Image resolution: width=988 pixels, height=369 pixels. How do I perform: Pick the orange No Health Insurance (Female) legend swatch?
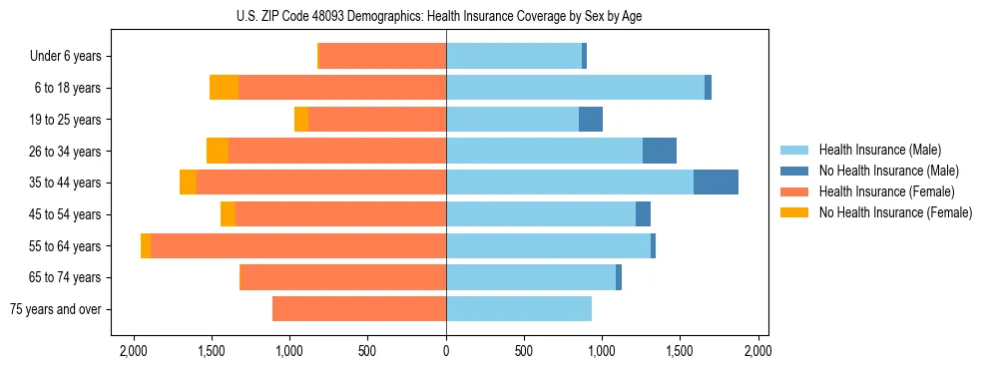pos(795,212)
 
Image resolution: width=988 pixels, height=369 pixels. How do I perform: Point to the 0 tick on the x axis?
pos(446,352)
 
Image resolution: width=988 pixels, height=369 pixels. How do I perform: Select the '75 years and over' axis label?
pos(55,309)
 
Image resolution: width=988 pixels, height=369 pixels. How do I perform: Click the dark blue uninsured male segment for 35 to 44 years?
pos(716,183)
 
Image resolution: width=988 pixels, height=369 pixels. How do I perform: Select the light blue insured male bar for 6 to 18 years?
pos(575,88)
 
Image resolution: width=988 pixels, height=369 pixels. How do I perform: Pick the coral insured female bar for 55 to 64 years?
pos(298,246)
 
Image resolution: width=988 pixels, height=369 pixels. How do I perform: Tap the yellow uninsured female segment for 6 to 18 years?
pos(224,88)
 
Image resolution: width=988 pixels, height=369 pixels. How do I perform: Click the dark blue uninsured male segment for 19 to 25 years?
pos(591,120)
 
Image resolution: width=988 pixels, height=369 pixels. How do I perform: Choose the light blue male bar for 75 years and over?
pos(519,309)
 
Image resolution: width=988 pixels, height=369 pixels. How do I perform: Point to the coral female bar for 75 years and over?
pos(359,309)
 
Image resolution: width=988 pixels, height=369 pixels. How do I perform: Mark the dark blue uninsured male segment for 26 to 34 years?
pos(660,152)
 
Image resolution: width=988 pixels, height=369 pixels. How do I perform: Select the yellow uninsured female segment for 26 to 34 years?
pos(218,152)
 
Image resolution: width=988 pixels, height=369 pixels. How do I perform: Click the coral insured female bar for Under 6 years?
pos(382,57)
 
